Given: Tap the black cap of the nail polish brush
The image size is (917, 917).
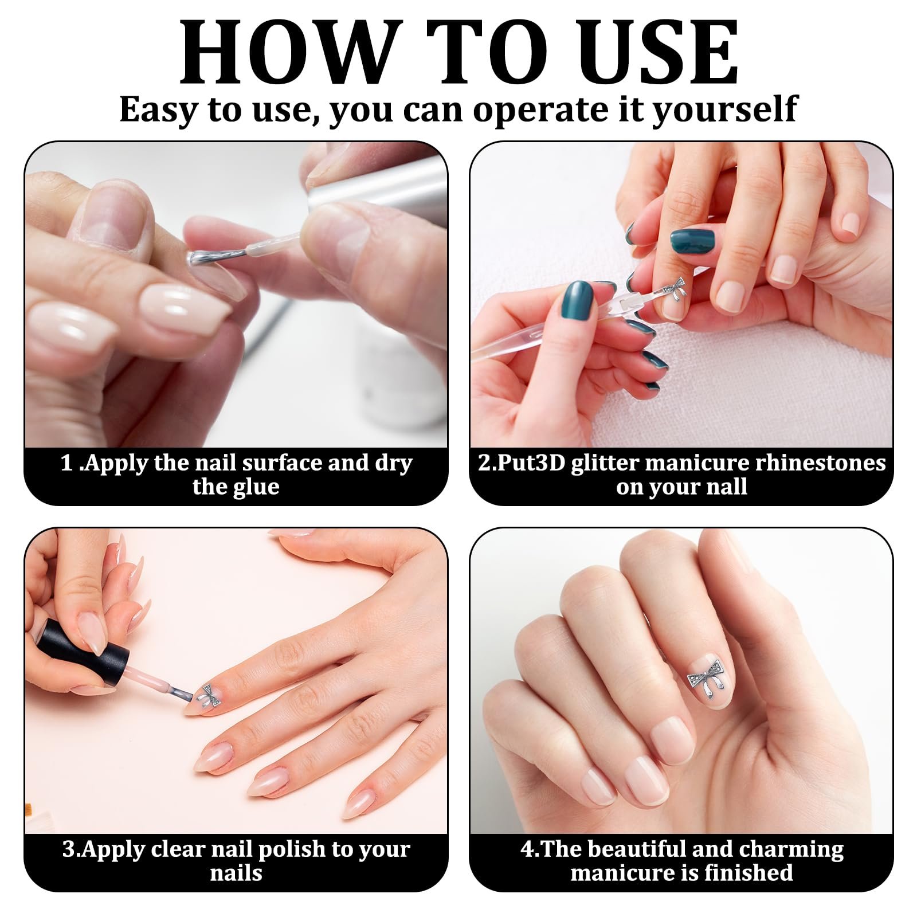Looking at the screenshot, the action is [83, 653].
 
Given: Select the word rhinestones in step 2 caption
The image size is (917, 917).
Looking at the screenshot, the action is [820, 463].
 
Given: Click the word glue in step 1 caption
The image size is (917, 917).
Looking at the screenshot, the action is [257, 488].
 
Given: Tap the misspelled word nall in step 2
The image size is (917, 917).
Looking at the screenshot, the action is [728, 487].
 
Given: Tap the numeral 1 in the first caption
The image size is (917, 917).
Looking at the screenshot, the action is [67, 463].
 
